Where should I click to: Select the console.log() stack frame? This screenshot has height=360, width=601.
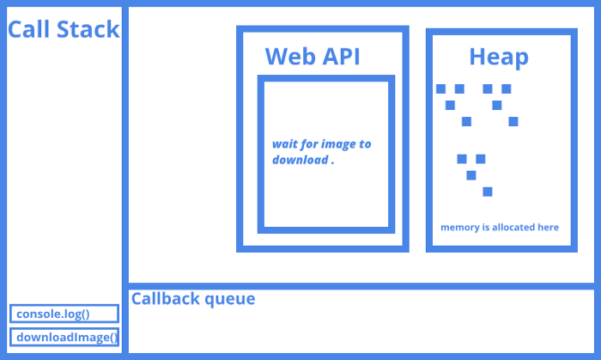click(x=64, y=314)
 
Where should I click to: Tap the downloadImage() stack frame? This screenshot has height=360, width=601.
click(x=64, y=337)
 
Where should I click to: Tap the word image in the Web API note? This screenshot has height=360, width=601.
click(x=338, y=144)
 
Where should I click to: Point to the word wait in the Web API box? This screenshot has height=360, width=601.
click(x=285, y=144)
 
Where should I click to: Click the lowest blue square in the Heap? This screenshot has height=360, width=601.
click(x=488, y=192)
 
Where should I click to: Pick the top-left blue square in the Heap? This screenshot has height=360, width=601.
click(x=440, y=88)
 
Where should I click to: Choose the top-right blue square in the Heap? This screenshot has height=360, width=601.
click(x=507, y=88)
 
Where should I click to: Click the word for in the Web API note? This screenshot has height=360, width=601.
click(x=310, y=144)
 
